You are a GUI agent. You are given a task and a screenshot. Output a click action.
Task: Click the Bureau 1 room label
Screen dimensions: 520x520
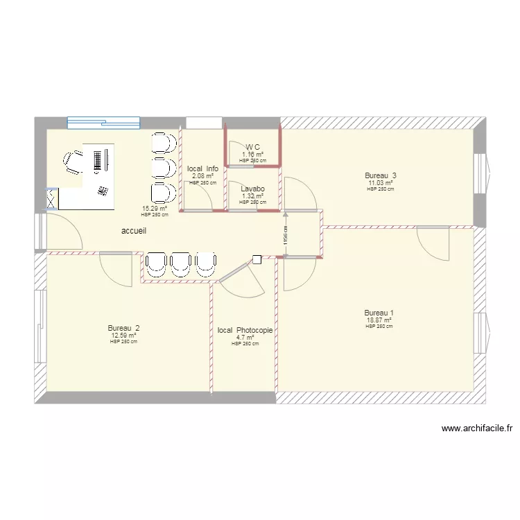click(379, 312)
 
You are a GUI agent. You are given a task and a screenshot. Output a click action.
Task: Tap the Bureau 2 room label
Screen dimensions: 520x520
click(123, 328)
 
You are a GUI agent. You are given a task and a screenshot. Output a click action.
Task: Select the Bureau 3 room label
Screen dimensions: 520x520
click(381, 175)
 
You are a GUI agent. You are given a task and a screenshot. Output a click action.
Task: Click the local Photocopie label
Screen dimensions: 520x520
click(245, 331)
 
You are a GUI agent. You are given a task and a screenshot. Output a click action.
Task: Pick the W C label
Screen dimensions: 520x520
click(252, 147)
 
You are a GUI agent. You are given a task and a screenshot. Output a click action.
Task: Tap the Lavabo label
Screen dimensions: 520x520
click(252, 189)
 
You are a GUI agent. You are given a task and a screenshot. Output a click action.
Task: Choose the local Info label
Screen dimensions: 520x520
click(202, 168)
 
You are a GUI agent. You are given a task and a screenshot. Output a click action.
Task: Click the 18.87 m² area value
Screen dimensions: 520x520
click(379, 320)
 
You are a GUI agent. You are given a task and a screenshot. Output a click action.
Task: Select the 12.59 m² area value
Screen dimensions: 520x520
click(123, 336)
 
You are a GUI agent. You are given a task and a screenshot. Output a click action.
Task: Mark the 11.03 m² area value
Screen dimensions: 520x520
click(381, 183)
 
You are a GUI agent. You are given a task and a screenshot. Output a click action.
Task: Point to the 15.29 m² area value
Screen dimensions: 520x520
click(155, 208)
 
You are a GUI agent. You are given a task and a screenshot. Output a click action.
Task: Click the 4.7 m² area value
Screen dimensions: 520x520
click(245, 338)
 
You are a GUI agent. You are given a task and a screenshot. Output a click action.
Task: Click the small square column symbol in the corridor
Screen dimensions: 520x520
click(257, 260)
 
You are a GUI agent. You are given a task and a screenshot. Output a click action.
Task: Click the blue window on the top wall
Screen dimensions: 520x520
click(103, 123)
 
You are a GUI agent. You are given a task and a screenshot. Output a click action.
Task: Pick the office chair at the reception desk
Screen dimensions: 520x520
click(73, 163)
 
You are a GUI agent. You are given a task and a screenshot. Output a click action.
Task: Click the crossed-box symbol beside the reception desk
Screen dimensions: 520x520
click(51, 199)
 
